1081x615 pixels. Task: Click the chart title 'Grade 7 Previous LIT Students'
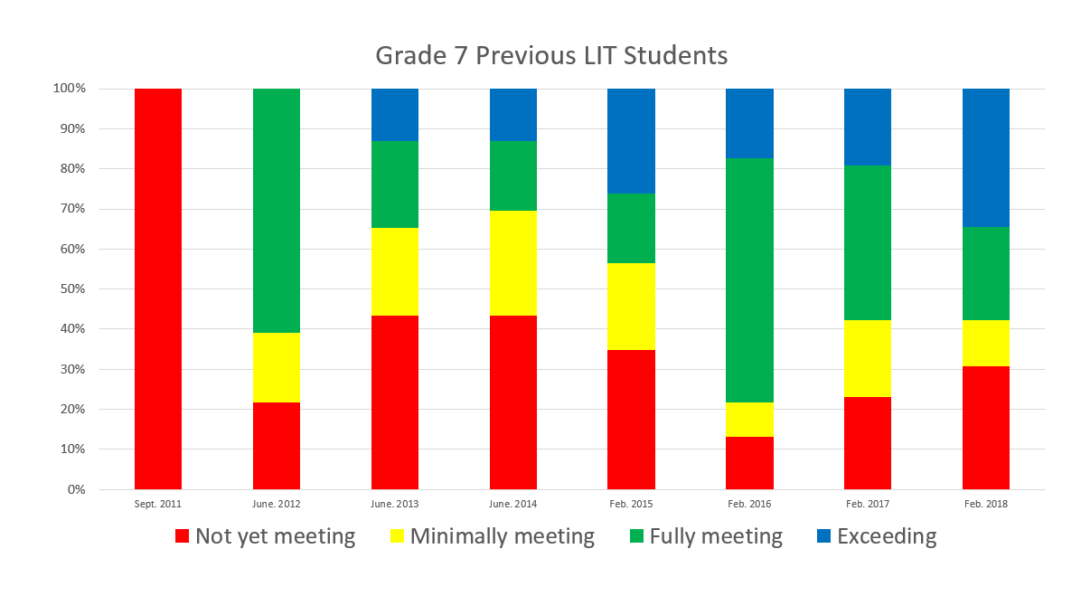(x=551, y=55)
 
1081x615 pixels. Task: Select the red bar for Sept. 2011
(x=158, y=289)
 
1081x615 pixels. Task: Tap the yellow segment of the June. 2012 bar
(x=277, y=367)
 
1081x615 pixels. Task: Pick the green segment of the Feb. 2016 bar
(x=749, y=280)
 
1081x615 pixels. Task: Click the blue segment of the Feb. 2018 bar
(x=986, y=157)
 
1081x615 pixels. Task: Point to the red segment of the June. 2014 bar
(x=513, y=402)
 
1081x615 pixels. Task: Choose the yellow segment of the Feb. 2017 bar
(x=868, y=358)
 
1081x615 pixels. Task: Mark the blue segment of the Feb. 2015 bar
(x=631, y=140)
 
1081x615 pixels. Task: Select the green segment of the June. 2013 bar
(x=395, y=184)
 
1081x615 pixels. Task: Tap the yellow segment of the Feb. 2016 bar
(x=749, y=420)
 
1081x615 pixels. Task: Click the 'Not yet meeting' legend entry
(x=265, y=536)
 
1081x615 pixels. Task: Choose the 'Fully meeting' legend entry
(x=705, y=536)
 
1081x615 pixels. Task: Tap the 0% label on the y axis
(x=76, y=489)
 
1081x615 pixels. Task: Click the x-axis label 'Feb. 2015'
(x=631, y=504)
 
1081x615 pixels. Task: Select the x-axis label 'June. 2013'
(x=395, y=504)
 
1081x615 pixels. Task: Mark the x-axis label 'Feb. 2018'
(x=986, y=504)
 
